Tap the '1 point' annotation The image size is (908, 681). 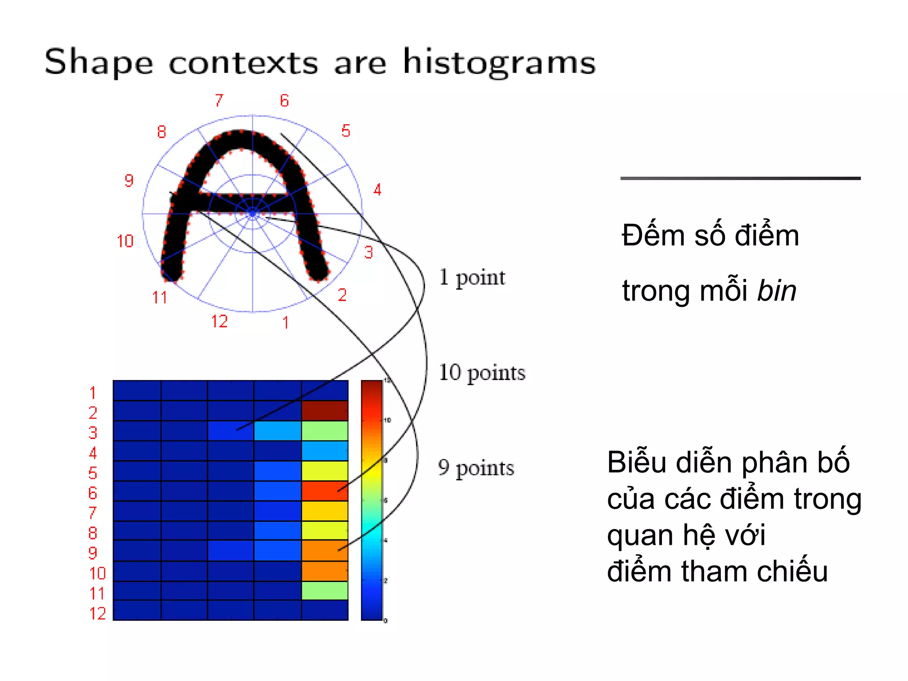[472, 278]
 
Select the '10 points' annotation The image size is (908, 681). [482, 372]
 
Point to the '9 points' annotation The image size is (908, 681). [476, 468]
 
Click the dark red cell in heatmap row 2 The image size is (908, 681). [325, 411]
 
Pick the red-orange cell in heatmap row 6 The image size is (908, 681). [325, 491]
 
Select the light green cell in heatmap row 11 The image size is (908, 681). [325, 591]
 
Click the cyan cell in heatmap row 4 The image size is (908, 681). [325, 451]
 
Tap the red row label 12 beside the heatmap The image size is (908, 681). [98, 614]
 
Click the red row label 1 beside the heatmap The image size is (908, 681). [93, 393]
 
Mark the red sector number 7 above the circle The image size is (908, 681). [219, 101]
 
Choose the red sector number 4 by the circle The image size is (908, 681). [377, 190]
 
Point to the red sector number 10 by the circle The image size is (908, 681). [125, 241]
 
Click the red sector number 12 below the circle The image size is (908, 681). [219, 321]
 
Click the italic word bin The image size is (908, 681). [776, 291]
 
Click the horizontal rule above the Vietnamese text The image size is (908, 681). [740, 178]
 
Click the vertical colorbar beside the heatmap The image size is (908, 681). [372, 500]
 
